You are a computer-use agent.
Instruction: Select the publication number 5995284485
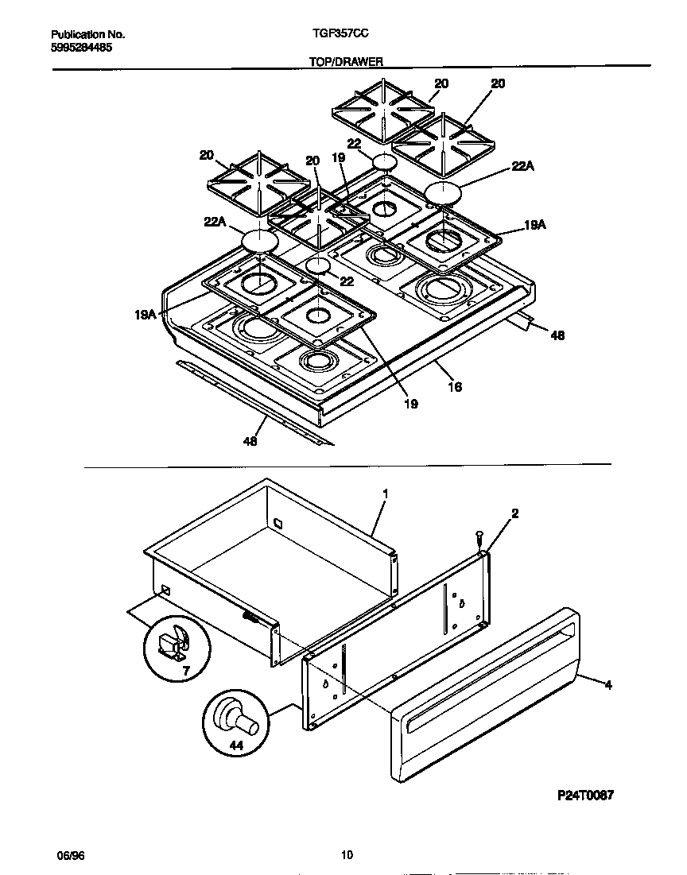[x=81, y=48]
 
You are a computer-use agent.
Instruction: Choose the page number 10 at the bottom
[x=346, y=855]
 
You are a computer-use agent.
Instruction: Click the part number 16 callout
[x=454, y=387]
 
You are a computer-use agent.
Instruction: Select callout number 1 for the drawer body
[x=385, y=494]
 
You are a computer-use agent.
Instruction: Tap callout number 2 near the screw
[x=514, y=514]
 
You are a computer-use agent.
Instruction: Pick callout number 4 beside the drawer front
[x=608, y=683]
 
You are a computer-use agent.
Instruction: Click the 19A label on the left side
[x=144, y=316]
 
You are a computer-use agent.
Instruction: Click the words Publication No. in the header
[x=87, y=35]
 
